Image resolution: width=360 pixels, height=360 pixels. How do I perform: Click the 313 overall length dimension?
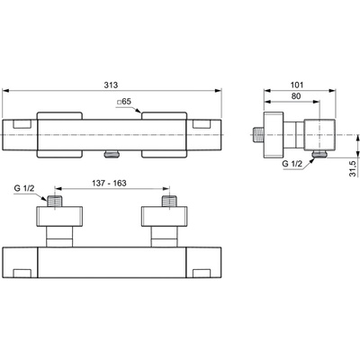[111, 85]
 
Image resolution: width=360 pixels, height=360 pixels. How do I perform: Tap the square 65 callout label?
[124, 102]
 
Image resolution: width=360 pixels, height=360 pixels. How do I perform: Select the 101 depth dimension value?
[297, 85]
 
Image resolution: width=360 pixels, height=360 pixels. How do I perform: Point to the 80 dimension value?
[296, 96]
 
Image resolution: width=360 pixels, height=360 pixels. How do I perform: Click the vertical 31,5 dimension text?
[353, 168]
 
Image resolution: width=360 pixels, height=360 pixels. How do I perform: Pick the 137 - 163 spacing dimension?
[109, 183]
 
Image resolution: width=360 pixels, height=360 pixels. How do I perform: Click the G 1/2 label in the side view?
[292, 164]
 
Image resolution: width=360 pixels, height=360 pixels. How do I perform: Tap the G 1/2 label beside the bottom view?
[24, 188]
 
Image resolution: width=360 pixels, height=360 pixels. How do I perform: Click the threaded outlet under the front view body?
[112, 155]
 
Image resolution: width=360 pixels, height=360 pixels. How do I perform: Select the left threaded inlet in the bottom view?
[54, 202]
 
